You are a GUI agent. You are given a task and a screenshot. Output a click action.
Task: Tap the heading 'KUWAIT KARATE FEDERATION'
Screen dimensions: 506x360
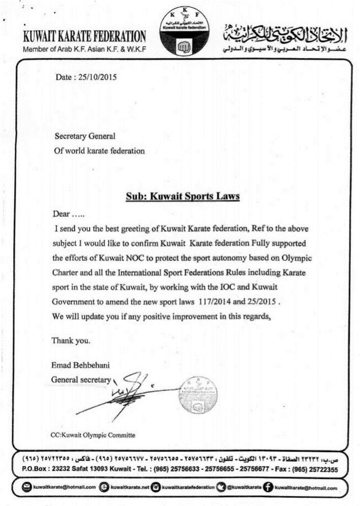(x=84, y=37)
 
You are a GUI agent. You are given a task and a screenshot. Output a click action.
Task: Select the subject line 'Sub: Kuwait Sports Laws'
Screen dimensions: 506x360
(x=182, y=196)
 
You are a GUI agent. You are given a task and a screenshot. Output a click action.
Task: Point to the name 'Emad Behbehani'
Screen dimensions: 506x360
(x=76, y=364)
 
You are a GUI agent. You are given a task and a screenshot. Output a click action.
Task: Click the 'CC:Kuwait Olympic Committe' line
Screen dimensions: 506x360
(x=93, y=435)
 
